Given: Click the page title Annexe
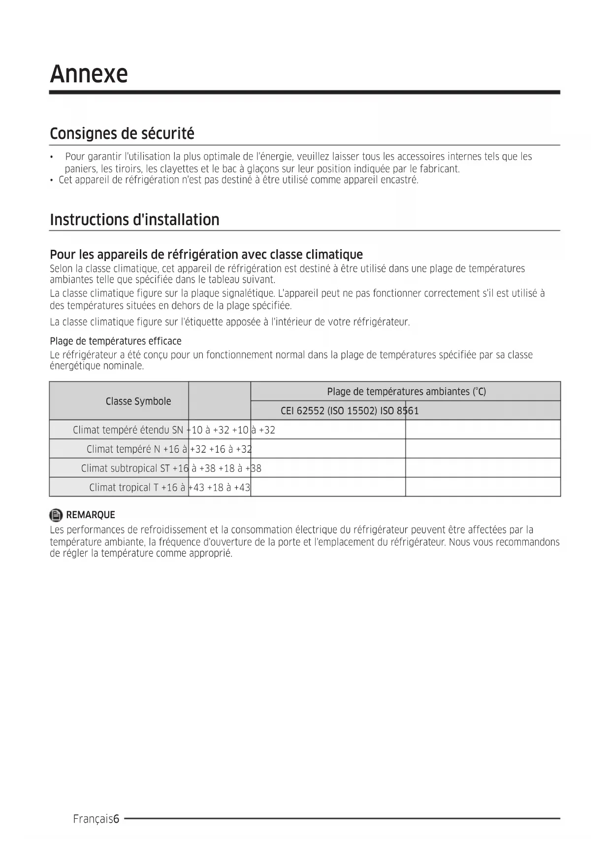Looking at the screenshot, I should click(x=89, y=74).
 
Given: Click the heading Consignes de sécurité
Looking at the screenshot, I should click(x=122, y=133).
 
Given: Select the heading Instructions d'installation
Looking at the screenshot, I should click(x=134, y=220).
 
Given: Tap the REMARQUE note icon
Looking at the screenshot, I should click(x=56, y=515).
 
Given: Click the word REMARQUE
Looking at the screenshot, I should click(x=91, y=515).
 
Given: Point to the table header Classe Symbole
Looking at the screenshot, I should click(x=138, y=401).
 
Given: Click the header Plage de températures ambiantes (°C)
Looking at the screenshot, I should click(x=406, y=392).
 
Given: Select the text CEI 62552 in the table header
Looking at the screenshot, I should click(x=302, y=411).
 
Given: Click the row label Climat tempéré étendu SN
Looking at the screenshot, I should click(x=128, y=430).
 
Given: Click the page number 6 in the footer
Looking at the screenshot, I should click(x=116, y=819).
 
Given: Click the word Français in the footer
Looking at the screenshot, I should click(x=93, y=819).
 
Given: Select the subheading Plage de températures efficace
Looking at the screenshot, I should click(x=116, y=341).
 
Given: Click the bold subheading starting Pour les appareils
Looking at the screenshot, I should click(x=206, y=255).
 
